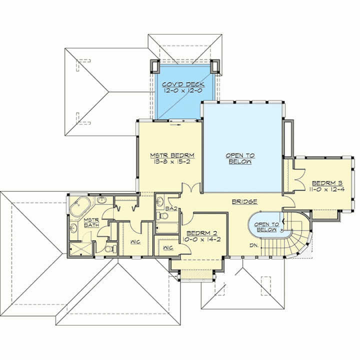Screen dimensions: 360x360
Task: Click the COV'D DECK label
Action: (x=183, y=84)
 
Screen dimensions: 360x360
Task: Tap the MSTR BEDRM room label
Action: (x=172, y=155)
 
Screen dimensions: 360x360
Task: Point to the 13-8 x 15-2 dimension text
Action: (x=172, y=161)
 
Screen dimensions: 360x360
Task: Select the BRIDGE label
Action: (x=244, y=201)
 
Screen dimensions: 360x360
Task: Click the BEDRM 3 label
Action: (x=327, y=183)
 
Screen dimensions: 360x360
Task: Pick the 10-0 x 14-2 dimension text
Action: (x=201, y=239)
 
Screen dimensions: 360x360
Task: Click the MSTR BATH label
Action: (x=91, y=222)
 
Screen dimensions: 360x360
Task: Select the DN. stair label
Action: (x=254, y=245)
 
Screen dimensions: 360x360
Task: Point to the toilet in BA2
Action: (x=162, y=216)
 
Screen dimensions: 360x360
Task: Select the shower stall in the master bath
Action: (x=81, y=248)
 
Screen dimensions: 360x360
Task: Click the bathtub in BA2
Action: (x=167, y=228)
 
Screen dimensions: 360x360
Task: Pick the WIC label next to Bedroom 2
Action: (x=168, y=247)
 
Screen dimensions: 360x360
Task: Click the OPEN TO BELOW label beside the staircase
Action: (x=267, y=227)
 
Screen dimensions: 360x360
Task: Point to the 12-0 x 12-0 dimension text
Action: (x=183, y=90)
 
